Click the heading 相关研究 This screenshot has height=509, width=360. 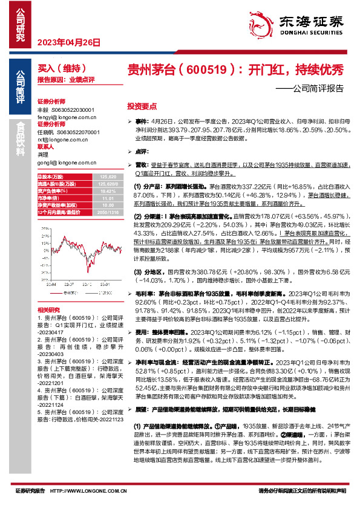coord(48,310)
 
